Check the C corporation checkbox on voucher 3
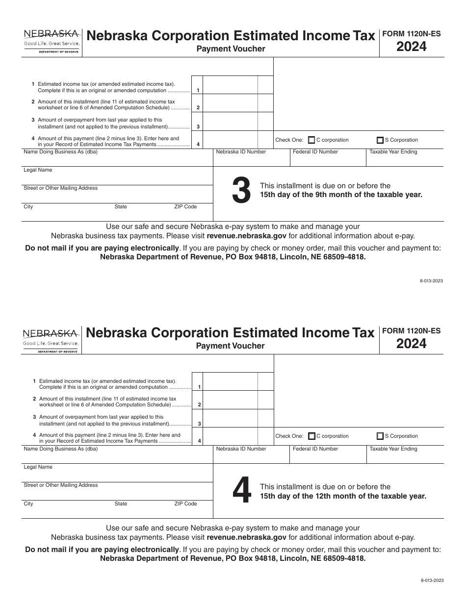click(x=311, y=140)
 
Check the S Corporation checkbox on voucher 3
click(x=380, y=140)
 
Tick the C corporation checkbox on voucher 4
click(x=312, y=436)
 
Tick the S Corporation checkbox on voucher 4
click(x=380, y=436)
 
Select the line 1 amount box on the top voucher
click(x=230, y=85)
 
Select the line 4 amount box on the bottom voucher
click(x=231, y=436)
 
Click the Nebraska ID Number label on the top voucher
click(x=241, y=152)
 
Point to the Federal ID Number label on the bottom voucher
click(x=315, y=449)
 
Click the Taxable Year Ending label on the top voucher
click(x=393, y=152)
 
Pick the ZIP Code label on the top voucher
click(x=185, y=207)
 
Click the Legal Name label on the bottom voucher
click(x=38, y=467)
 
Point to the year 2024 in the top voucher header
click(x=412, y=47)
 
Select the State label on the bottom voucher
click(x=121, y=504)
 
